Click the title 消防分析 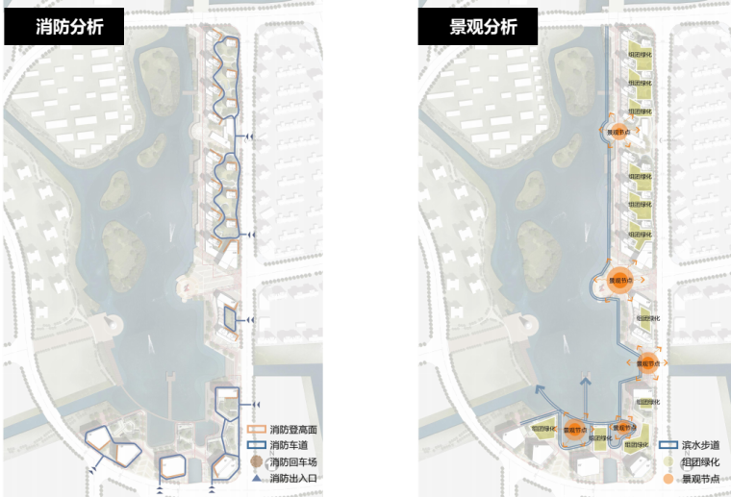pos(65,27)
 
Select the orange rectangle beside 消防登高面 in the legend pos(255,429)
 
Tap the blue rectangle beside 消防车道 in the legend pos(255,445)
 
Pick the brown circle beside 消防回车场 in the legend pos(255,461)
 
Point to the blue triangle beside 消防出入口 pos(255,478)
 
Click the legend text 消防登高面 pos(293,429)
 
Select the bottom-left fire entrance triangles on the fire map pos(93,468)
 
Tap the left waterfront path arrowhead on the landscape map pos(539,389)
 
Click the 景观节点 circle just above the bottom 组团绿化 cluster pos(621,427)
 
